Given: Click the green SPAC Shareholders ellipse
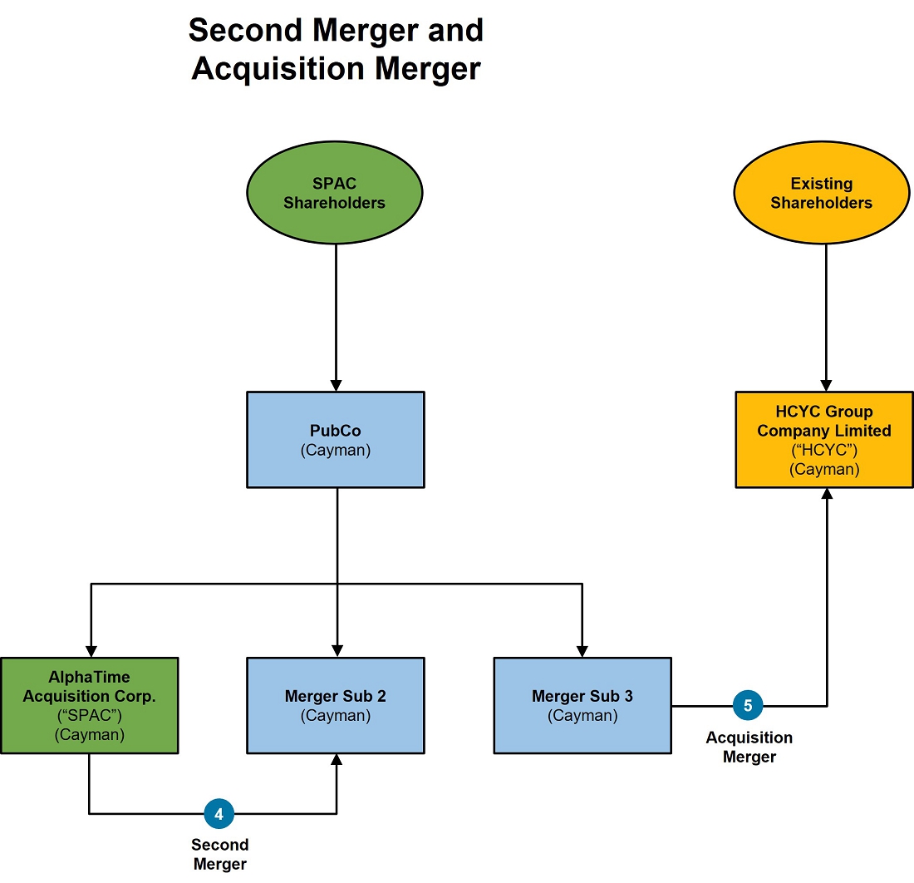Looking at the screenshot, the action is [x=335, y=192].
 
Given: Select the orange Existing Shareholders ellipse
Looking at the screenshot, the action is [x=821, y=192].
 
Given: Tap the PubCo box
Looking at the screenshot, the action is [x=336, y=440].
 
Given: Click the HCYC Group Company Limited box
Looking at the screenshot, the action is [x=824, y=440].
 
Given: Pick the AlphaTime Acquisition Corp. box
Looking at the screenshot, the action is [x=90, y=706].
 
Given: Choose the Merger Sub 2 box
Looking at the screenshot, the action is [x=336, y=706].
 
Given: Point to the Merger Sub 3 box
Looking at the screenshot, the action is [x=582, y=706].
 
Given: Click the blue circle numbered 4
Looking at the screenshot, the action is [x=219, y=814].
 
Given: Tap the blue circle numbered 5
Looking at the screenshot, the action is [x=748, y=706].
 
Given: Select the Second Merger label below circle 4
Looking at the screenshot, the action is [x=219, y=855].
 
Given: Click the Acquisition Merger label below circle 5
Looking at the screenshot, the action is [x=749, y=747].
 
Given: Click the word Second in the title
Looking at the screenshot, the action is [x=245, y=30].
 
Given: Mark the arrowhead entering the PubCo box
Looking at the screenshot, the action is [x=336, y=386].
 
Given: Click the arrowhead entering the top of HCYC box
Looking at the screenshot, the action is [x=826, y=386].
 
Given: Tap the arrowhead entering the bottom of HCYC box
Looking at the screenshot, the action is [x=827, y=494].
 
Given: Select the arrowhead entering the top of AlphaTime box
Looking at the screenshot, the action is [x=91, y=652].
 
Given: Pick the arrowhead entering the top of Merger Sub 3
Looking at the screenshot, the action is [x=582, y=652].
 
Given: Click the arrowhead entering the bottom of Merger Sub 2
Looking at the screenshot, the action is [x=337, y=760].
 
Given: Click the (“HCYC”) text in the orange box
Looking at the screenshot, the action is [x=824, y=451].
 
